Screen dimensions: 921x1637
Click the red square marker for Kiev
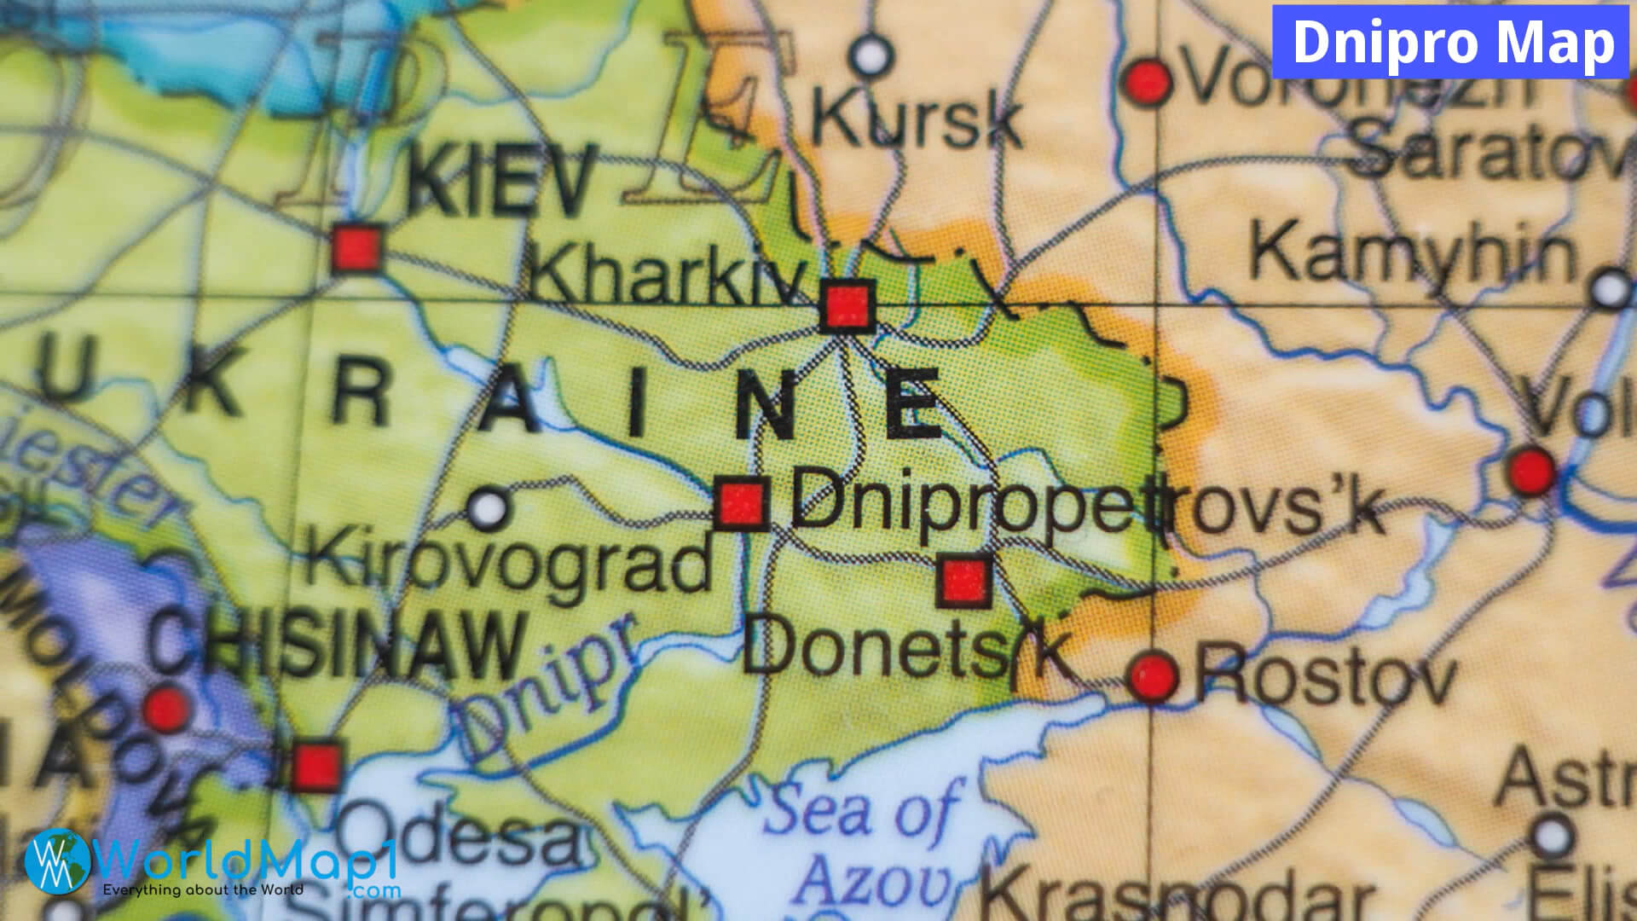[x=356, y=248]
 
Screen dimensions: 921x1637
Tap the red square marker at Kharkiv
[x=847, y=304]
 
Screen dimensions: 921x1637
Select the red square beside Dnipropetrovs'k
[x=741, y=503]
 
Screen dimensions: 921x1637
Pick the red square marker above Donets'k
[x=965, y=580]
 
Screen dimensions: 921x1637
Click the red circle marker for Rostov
[x=1154, y=677]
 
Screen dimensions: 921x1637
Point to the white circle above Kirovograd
[x=489, y=508]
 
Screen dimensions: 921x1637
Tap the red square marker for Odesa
[x=316, y=766]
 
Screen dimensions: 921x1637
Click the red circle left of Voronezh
[x=1148, y=83]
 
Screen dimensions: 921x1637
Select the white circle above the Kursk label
[x=871, y=55]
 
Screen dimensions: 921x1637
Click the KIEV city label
[x=501, y=181]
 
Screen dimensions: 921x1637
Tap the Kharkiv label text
[x=668, y=275]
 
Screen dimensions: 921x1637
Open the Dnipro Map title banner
[x=1452, y=42]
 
